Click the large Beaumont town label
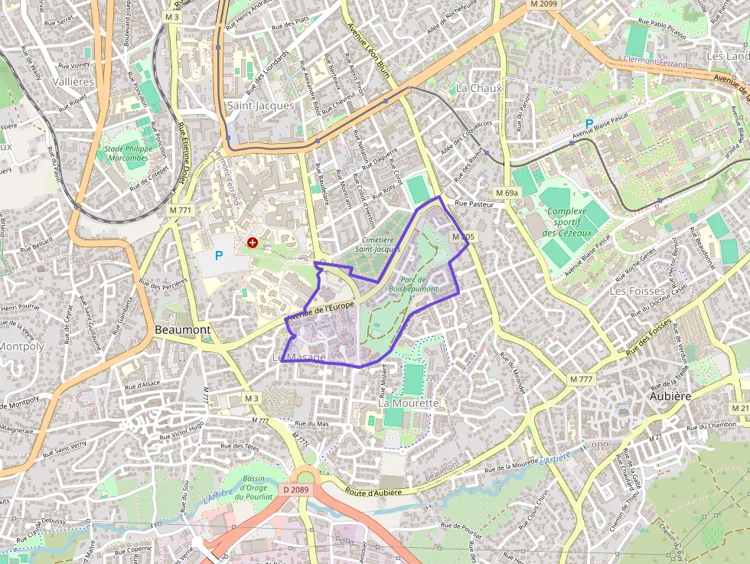coord(182,329)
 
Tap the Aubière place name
coord(670,396)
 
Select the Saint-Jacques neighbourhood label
coord(260,106)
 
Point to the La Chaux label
coord(479,88)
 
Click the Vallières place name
coord(74,81)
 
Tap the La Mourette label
coord(409,403)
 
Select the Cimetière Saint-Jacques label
coord(377,244)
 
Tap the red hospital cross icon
coord(253,243)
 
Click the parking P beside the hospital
coord(219,256)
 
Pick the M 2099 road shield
coord(544,5)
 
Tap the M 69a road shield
coord(507,193)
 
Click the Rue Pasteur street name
coord(471,204)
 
